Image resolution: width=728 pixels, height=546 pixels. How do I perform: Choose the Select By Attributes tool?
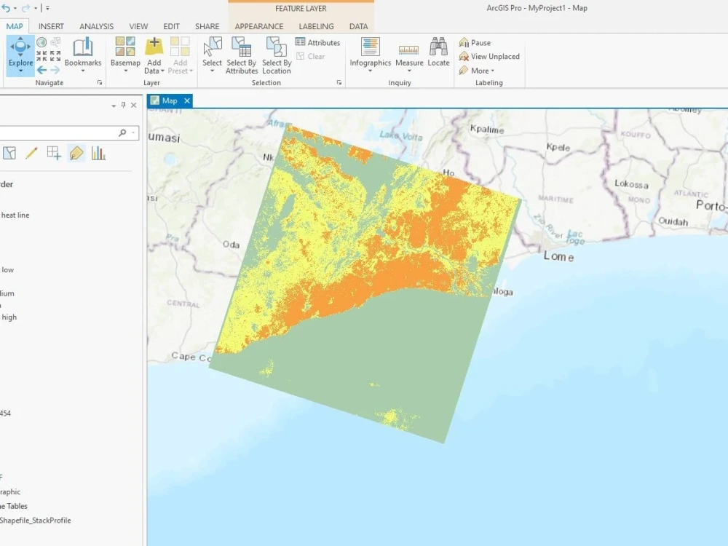pos(241,55)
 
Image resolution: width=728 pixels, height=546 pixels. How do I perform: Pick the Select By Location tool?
pos(277,55)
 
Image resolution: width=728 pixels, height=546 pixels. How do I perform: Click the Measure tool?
pos(409,54)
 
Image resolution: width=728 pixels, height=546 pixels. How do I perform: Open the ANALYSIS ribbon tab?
pos(96,27)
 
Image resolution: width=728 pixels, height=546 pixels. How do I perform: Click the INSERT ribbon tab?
pos(51,27)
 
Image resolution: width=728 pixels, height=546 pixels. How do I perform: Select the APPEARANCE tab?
pos(259,27)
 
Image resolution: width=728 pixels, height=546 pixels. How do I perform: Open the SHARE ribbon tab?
pos(207,27)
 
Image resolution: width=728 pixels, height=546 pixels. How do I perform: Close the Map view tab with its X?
pos(187,101)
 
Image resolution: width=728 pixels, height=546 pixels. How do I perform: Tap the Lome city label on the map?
pos(558,257)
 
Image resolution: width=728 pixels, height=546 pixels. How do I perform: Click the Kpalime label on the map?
pos(487,129)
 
